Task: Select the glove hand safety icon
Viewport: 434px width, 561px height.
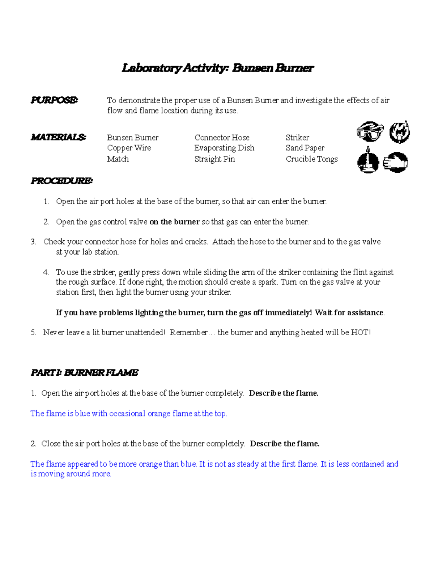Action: pos(396,162)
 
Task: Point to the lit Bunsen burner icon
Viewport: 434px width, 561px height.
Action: pos(368,161)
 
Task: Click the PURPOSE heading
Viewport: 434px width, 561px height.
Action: pos(54,100)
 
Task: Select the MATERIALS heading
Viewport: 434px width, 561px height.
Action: pos(58,137)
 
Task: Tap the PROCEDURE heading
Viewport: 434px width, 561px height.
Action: pos(61,181)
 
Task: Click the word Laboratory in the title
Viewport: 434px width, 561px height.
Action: pos(151,68)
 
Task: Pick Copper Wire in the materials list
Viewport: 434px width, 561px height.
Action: pos(129,148)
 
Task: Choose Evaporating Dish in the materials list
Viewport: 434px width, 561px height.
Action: pos(224,148)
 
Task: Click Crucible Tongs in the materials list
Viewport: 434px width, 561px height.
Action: pos(312,159)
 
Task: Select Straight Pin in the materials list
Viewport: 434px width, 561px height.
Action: pos(214,159)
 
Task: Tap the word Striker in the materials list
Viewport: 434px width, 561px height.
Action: pos(297,138)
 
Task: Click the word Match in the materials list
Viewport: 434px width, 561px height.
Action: pos(118,159)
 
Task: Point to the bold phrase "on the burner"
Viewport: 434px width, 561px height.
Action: pos(174,222)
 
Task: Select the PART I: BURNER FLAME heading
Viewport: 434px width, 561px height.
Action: pos(84,372)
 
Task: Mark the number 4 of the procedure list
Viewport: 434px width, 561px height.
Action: pos(46,272)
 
